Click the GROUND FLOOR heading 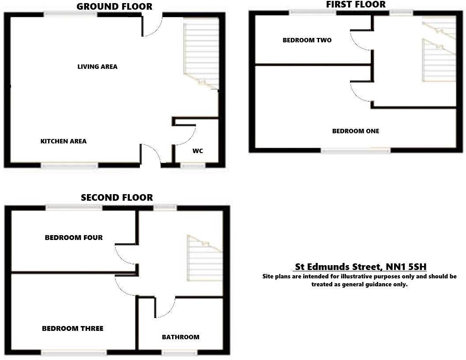114,6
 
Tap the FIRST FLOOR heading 356,4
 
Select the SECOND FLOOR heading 116,198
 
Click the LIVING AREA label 98,67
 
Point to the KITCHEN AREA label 64,141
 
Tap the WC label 198,151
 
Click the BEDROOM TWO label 307,40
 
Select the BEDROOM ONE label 356,131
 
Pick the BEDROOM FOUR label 74,237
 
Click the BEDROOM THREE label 73,328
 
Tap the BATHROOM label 180,337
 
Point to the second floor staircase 204,258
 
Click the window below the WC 193,165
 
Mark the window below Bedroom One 356,151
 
